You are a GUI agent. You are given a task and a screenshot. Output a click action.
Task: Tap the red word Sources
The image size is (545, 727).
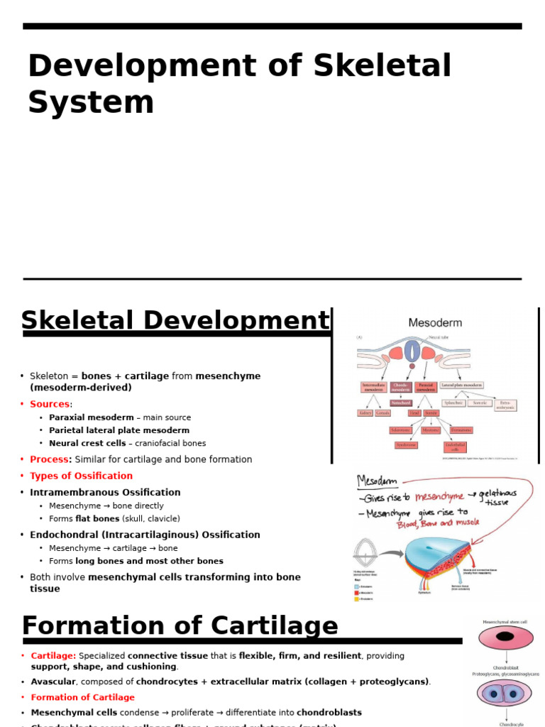pyautogui.click(x=50, y=404)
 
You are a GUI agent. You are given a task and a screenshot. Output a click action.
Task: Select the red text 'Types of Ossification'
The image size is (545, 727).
pyautogui.click(x=81, y=476)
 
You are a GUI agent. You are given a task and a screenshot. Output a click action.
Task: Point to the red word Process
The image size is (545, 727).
pyautogui.click(x=50, y=459)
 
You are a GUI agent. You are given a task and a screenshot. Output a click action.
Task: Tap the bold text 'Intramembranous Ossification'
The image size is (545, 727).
pyautogui.click(x=105, y=492)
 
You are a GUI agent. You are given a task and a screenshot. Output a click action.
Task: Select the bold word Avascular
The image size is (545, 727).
pyautogui.click(x=53, y=682)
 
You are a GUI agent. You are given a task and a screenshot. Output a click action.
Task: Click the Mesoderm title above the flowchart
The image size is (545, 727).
pyautogui.click(x=435, y=322)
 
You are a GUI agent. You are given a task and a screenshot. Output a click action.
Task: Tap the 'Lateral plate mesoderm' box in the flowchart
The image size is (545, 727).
pyautogui.click(x=462, y=386)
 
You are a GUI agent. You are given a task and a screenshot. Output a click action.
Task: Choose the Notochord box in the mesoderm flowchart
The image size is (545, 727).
pyautogui.click(x=400, y=403)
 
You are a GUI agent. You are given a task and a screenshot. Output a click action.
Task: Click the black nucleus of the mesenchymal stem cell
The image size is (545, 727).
pyautogui.click(x=505, y=638)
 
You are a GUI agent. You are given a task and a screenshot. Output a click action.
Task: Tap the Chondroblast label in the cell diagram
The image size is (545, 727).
pyautogui.click(x=505, y=667)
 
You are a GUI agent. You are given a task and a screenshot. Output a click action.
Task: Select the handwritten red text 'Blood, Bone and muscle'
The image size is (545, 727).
pyautogui.click(x=438, y=523)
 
